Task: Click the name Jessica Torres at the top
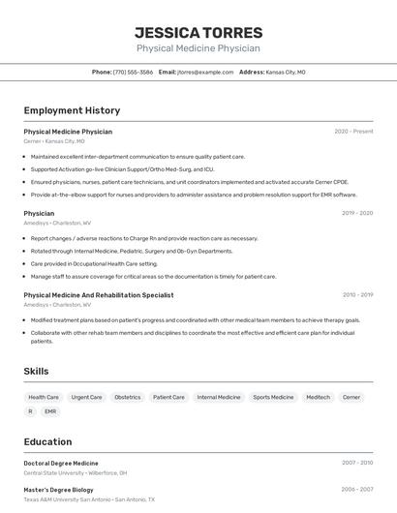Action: pos(198,32)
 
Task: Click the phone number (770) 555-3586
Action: pos(133,72)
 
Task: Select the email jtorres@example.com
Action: pos(206,72)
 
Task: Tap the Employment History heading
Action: pos(72,110)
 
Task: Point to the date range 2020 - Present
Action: pos(353,131)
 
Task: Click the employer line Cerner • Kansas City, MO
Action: pos(54,141)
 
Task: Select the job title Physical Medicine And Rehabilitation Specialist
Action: pos(99,295)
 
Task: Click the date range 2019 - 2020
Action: pos(357,213)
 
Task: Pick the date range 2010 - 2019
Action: pos(357,295)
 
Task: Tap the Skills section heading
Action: pos(36,371)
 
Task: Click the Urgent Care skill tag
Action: pos(86,397)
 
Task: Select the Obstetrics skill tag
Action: pos(127,397)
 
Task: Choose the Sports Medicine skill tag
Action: pos(273,397)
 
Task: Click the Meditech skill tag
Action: pos(318,397)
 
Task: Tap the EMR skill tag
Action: pos(50,411)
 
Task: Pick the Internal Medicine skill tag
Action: pos(219,397)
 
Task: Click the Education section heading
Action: pos(47,441)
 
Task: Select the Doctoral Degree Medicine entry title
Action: pos(61,463)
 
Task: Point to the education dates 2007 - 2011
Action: pos(357,463)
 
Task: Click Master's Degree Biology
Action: pos(60,490)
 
